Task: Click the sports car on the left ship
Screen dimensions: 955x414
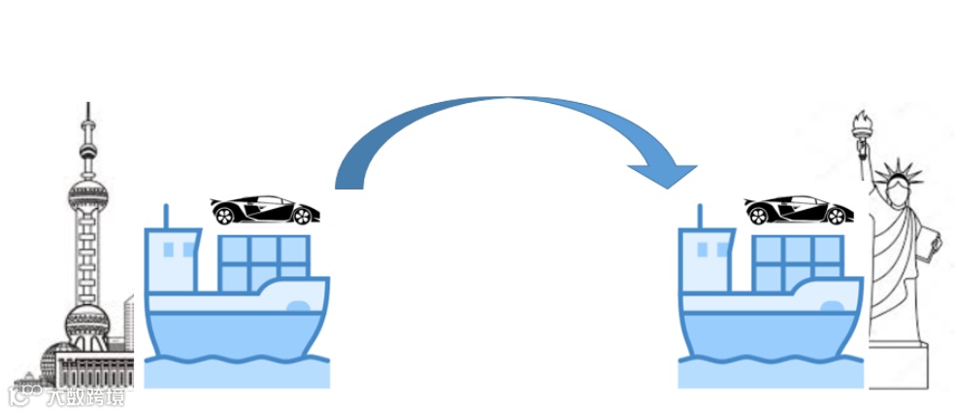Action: click(x=262, y=210)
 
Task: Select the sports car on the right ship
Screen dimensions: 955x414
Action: click(x=796, y=210)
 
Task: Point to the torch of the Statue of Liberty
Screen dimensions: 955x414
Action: click(x=860, y=123)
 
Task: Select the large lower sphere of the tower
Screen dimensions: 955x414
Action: click(x=85, y=322)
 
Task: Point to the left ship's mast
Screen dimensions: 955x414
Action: click(x=167, y=216)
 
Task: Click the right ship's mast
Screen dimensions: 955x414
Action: click(x=701, y=216)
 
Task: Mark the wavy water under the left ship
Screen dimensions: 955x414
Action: click(x=237, y=370)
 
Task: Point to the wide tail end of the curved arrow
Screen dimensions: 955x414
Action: click(x=349, y=175)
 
